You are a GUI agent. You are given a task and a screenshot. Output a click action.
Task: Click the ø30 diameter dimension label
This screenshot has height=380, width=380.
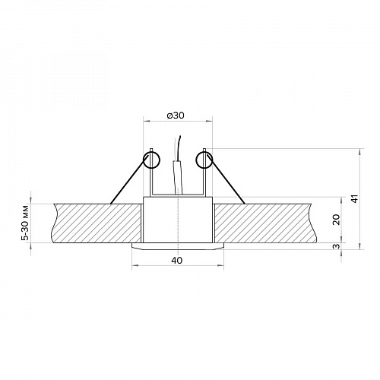click(x=176, y=116)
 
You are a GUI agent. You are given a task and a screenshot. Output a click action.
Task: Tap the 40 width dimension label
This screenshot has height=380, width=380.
click(x=177, y=261)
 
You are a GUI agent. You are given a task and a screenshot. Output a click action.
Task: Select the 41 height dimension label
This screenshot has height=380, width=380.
click(x=356, y=198)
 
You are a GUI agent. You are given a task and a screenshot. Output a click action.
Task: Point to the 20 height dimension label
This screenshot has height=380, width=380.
click(x=336, y=220)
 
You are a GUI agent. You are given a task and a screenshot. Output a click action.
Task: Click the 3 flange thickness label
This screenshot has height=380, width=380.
click(x=337, y=245)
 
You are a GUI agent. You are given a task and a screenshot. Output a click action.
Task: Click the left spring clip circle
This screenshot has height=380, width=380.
click(x=151, y=160)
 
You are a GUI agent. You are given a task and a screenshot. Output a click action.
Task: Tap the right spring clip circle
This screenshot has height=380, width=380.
click(x=204, y=160)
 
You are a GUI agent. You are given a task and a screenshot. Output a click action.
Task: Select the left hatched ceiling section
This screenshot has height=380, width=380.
click(x=97, y=223)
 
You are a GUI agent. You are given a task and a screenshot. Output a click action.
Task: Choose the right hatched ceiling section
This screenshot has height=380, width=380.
click(x=264, y=223)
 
